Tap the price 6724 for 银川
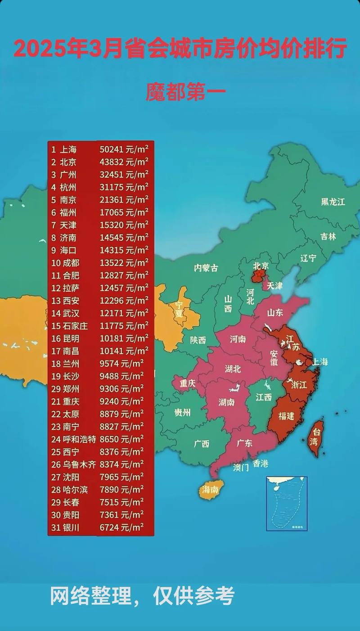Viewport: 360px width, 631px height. coord(109,527)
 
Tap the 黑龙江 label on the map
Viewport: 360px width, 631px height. coord(333,202)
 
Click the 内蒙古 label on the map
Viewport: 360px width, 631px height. coord(206,268)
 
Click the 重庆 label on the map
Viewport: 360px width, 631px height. coord(187,384)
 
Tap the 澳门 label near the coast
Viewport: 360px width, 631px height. coord(241,467)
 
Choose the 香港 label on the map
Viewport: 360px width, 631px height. coord(261,463)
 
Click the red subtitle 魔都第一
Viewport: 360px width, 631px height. coord(185,92)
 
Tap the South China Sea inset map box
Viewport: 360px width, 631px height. coord(287,503)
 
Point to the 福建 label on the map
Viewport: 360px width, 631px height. coord(286,416)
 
